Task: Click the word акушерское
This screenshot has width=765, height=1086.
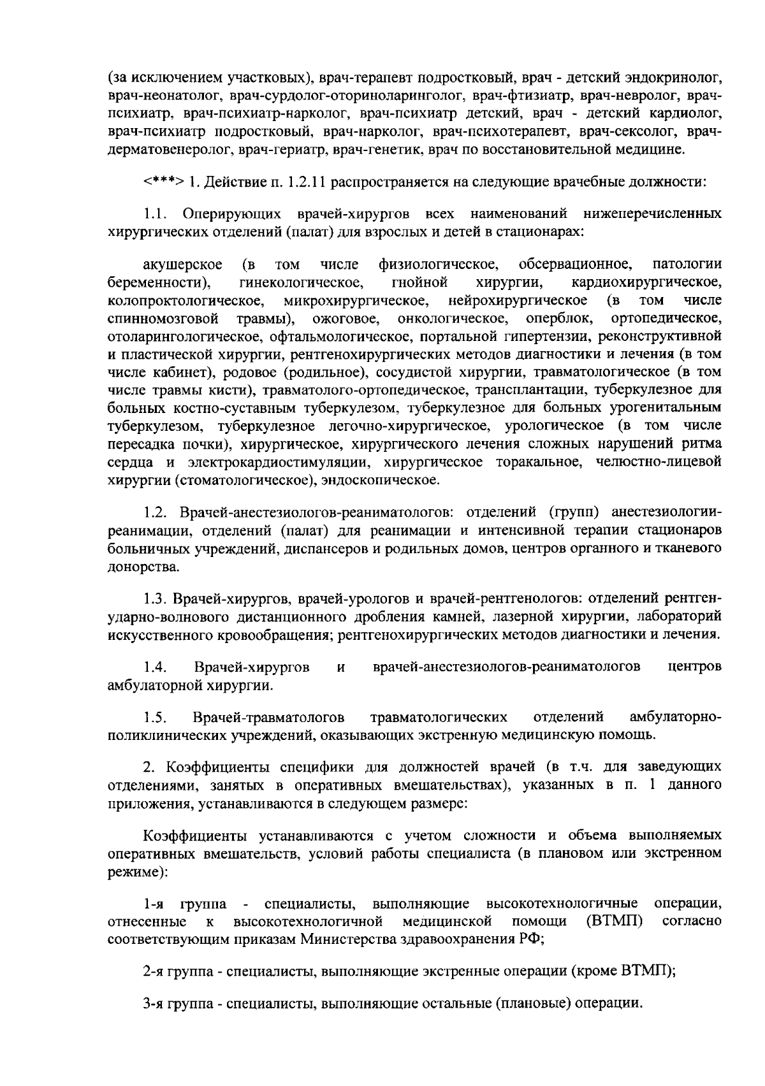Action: pos(183,264)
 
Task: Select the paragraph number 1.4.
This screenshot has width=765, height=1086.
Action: pos(155,667)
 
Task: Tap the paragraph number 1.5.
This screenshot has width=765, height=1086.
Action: pos(155,718)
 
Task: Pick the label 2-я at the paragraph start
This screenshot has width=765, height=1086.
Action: pos(152,972)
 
